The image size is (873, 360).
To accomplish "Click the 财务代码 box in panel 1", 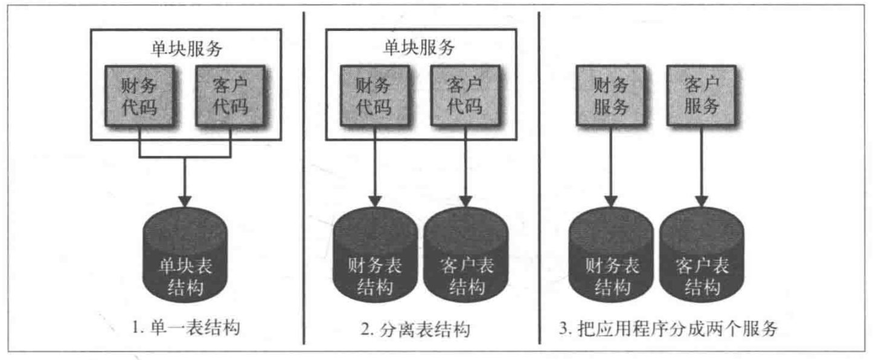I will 139,96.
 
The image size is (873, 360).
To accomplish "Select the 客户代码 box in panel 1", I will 230,96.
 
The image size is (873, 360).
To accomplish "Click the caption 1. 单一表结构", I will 185,329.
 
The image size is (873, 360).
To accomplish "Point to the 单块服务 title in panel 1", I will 185,48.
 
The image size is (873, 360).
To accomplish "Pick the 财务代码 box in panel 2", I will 374,96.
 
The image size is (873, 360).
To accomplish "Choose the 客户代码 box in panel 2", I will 464,96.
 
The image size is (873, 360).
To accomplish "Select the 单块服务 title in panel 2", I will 420,48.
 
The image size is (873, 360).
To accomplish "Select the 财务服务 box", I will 611,96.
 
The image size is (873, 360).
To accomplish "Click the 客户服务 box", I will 702,96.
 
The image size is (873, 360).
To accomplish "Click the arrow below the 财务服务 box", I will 611,169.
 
